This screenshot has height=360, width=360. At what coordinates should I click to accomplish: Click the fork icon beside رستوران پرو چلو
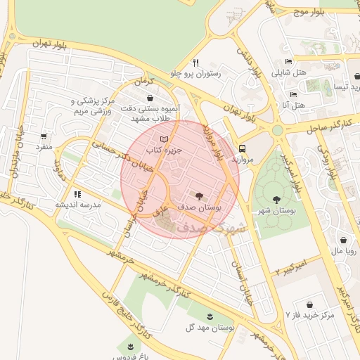[x=196, y=62]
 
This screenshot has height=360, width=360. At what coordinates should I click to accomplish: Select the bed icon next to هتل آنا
[x=293, y=94]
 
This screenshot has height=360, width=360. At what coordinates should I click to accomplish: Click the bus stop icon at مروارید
[x=242, y=149]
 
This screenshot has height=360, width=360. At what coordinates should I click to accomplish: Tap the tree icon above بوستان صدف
[x=200, y=196]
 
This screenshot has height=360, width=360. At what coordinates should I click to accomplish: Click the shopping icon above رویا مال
[x=342, y=239]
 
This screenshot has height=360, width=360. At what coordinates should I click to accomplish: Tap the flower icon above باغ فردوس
[x=129, y=345]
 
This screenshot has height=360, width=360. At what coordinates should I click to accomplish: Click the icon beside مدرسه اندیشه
[x=77, y=193]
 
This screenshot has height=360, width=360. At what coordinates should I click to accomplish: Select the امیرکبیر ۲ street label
[x=295, y=266]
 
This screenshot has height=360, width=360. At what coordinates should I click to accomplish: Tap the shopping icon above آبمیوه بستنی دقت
[x=148, y=98]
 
